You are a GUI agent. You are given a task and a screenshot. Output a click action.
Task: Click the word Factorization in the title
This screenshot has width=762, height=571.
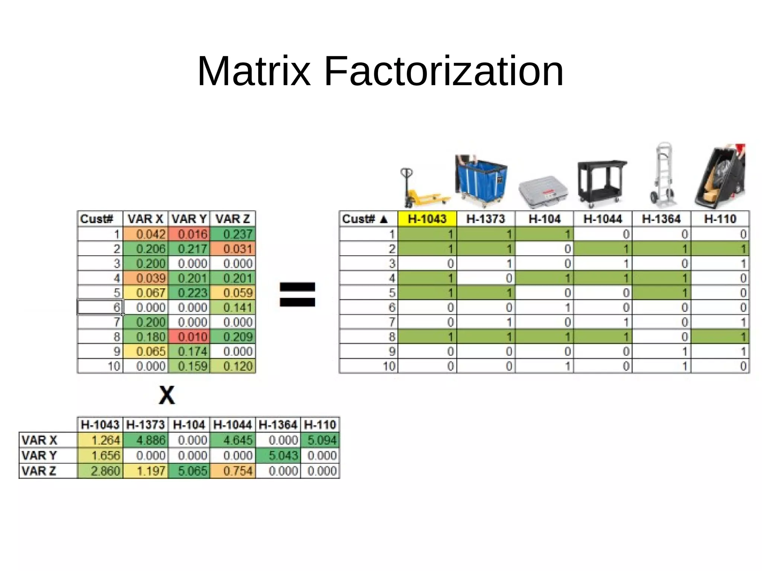(x=444, y=71)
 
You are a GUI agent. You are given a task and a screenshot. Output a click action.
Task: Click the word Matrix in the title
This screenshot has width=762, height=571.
(x=254, y=71)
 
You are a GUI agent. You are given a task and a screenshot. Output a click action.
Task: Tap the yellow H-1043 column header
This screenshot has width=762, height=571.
(x=427, y=219)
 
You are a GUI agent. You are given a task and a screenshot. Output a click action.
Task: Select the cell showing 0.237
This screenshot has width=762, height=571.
(x=233, y=234)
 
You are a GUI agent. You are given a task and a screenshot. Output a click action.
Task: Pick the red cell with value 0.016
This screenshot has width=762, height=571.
(x=189, y=234)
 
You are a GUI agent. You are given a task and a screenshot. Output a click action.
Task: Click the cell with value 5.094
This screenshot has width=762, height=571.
(x=320, y=440)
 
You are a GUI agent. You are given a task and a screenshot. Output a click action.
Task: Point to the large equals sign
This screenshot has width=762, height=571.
(x=297, y=294)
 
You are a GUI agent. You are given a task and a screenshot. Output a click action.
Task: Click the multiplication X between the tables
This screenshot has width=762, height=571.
(x=166, y=395)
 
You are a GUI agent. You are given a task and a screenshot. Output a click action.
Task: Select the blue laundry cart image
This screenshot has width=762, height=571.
(x=481, y=181)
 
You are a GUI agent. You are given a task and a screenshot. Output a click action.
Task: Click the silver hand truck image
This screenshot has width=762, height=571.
(x=662, y=175)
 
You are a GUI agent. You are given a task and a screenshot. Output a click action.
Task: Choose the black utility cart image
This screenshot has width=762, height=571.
(x=602, y=183)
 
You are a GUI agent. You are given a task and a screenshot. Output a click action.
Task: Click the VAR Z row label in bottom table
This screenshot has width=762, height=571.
(x=39, y=471)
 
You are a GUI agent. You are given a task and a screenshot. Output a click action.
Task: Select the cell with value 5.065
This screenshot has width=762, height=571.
(x=189, y=471)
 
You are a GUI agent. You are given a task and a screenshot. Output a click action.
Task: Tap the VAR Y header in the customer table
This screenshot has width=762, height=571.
(x=189, y=219)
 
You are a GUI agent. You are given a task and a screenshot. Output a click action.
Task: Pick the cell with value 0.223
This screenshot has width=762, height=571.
(x=189, y=293)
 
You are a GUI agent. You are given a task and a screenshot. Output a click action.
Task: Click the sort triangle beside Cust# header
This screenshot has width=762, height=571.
(x=384, y=219)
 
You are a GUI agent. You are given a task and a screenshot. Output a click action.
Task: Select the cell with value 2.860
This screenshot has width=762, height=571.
(x=100, y=471)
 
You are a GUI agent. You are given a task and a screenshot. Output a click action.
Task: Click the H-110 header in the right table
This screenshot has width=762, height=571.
(x=720, y=219)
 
